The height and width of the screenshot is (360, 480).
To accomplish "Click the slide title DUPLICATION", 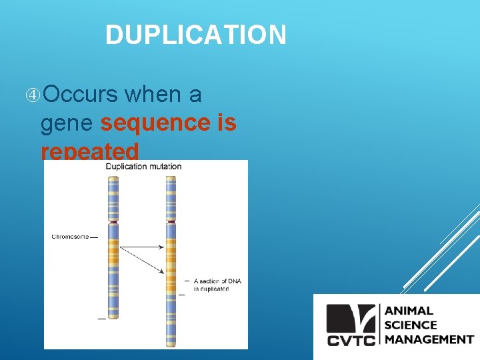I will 195,35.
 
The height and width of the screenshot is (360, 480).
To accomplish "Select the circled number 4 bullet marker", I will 33,95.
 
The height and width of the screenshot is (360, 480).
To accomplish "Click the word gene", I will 66,123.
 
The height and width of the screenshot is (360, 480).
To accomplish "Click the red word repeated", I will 89,150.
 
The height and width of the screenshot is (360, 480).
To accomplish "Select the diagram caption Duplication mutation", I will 143,167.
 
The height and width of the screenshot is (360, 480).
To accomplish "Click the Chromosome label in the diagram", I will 70,237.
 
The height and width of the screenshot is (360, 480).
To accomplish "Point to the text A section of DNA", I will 217,281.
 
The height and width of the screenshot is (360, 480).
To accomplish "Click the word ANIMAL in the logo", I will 409,311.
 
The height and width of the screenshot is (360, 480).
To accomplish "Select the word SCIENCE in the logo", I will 411,325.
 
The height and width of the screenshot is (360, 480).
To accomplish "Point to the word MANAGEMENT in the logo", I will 429,339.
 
